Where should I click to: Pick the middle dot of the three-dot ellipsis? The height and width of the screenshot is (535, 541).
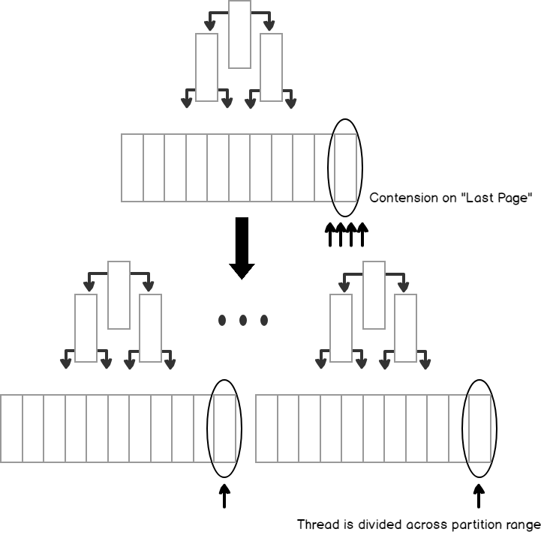243,321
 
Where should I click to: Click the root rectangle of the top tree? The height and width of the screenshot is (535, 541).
239,34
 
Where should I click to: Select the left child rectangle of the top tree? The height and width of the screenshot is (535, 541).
206,67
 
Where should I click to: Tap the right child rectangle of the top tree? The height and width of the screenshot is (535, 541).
271,67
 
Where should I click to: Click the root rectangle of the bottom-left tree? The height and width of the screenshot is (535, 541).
119,295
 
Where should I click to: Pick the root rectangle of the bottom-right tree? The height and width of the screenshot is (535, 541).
374,295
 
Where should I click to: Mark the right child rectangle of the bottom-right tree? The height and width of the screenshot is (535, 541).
406,328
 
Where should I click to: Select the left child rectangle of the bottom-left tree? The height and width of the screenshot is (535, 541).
86,328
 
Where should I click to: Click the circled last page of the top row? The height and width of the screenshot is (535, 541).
345,168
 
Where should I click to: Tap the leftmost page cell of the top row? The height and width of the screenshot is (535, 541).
132,168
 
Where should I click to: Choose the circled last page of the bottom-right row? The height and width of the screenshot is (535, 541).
480,429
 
